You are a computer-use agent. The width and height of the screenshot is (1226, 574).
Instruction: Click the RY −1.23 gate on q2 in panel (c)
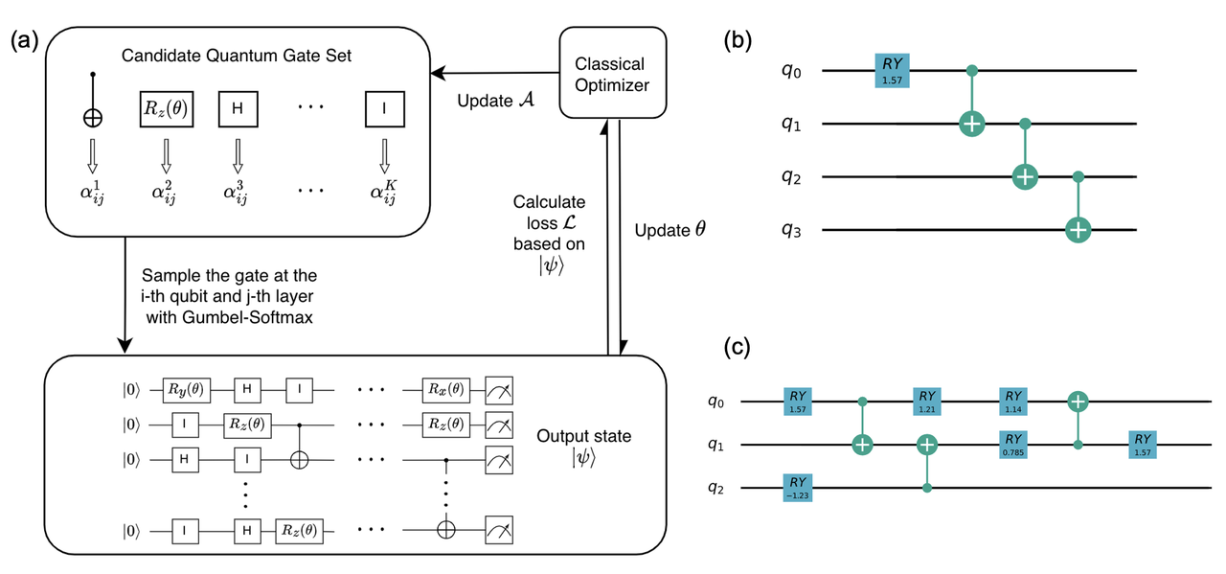[x=799, y=488]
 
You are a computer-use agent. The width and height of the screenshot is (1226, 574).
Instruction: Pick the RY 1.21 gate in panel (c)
[x=927, y=400]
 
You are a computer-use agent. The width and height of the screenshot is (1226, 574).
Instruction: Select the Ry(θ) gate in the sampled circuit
[x=181, y=391]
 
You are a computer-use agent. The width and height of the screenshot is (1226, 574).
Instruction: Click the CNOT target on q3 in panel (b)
[x=1078, y=230]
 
